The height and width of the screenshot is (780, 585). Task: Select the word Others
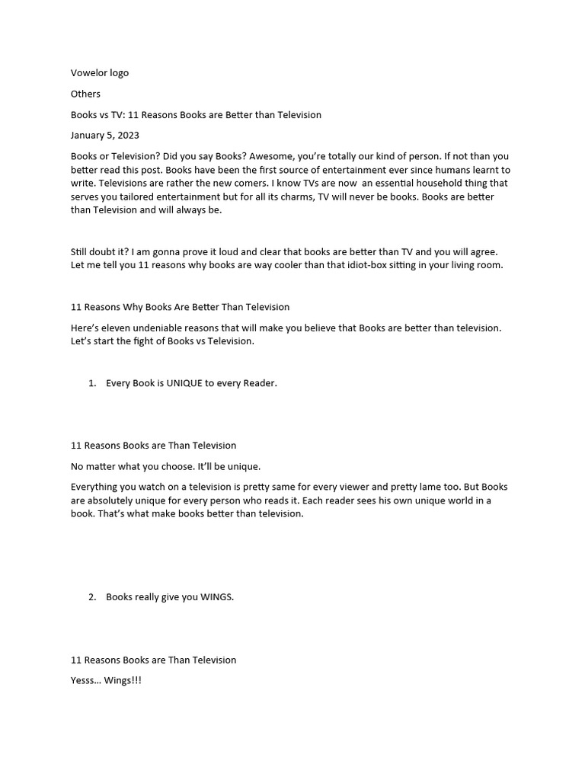coord(85,94)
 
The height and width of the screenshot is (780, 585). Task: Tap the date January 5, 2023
coord(105,136)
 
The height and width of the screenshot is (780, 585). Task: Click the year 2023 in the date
coord(127,136)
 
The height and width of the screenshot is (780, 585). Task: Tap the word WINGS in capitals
coord(217,597)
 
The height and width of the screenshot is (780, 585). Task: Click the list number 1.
coord(91,383)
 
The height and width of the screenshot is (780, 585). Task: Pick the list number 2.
coord(91,597)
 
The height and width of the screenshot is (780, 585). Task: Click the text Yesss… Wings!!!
coord(106,680)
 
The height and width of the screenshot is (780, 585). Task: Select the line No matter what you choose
coord(165,466)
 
